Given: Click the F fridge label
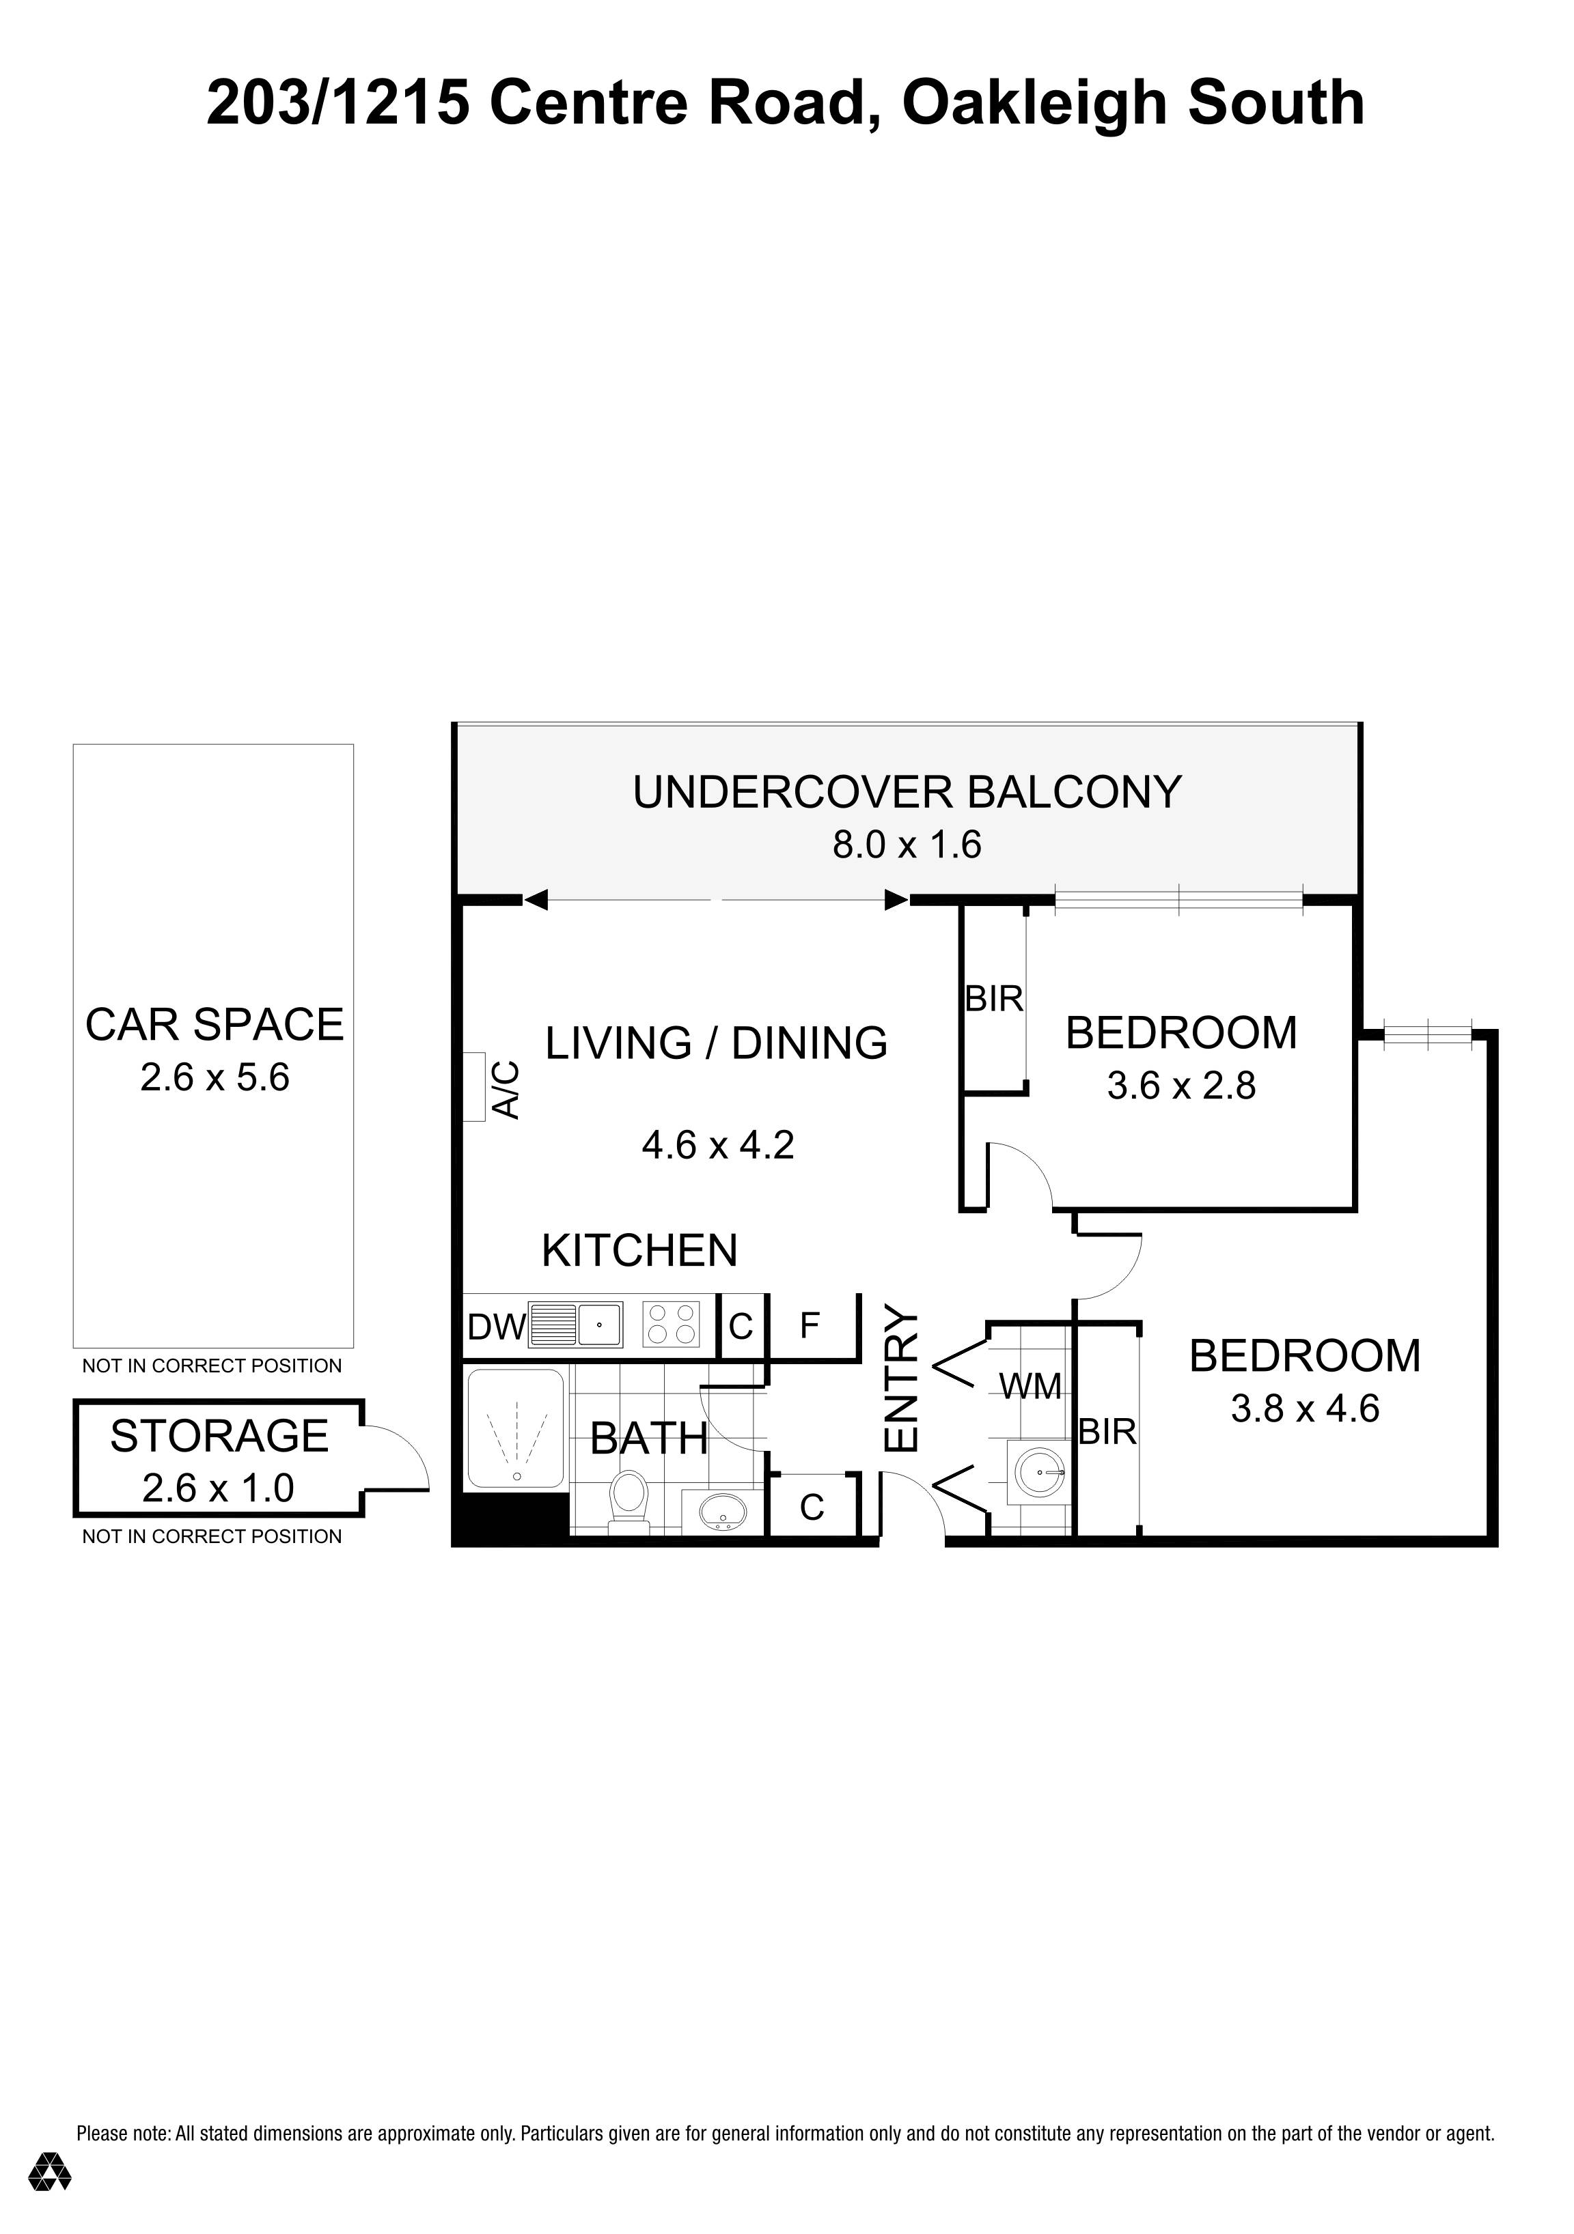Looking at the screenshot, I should [809, 1325].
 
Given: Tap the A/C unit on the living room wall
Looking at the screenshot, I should [474, 1087].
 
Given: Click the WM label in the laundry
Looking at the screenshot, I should [1030, 1387].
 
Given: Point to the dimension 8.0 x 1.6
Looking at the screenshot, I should [907, 845].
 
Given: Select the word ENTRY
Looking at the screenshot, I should [901, 1382].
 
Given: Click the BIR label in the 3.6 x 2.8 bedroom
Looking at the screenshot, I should [994, 1000].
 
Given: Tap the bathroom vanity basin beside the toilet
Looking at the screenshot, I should [721, 1511].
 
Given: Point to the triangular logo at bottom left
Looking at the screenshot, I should [50, 2172].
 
